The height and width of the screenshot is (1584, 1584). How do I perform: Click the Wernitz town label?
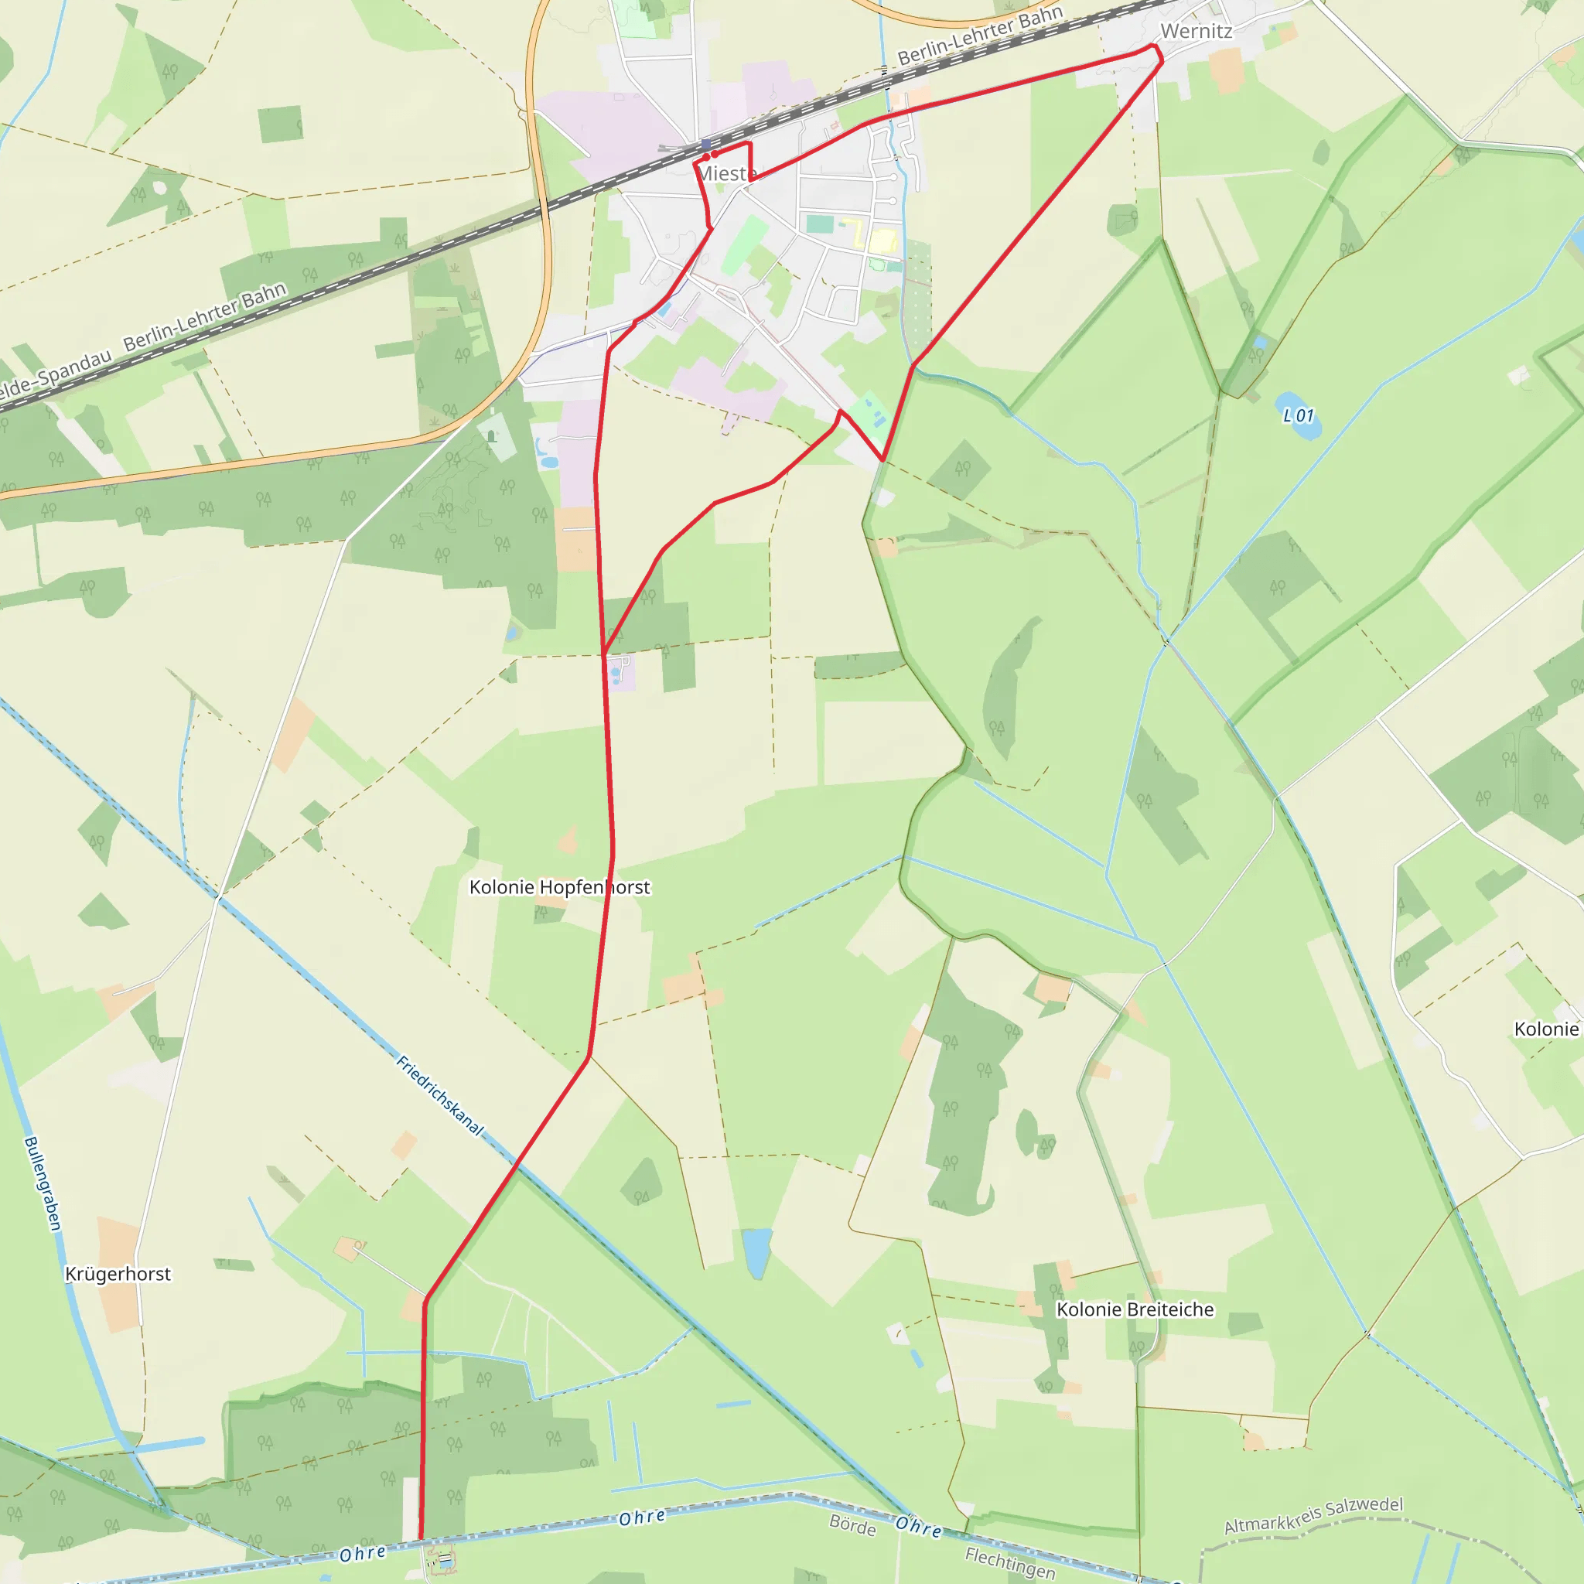coord(1197,31)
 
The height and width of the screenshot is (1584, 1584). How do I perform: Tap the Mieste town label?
coord(726,174)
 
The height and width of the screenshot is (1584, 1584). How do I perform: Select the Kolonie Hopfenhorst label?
coord(559,887)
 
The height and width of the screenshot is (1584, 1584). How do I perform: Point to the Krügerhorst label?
coord(118,1274)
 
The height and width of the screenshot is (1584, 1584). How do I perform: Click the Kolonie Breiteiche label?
coord(1135,1309)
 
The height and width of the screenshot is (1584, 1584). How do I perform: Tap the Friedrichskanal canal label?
coord(439,1095)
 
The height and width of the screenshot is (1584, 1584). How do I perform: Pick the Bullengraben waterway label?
coord(43,1183)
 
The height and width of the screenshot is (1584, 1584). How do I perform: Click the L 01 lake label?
coord(1298,415)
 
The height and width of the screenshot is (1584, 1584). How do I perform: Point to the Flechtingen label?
coord(1009,1562)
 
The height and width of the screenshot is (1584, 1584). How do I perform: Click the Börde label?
coord(852,1526)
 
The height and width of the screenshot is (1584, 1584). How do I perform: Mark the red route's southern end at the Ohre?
coord(422,1538)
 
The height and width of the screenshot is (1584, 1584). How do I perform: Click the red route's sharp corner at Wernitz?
coord(1161,60)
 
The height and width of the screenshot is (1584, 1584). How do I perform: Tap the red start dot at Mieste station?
coord(706,156)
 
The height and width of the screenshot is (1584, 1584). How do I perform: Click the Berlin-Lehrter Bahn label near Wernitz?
coord(980,35)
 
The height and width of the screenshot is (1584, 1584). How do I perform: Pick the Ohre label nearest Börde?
coord(918,1527)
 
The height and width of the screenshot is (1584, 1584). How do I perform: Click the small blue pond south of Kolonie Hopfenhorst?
coord(756,1252)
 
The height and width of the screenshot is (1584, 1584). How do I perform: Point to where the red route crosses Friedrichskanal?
coord(517,1163)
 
